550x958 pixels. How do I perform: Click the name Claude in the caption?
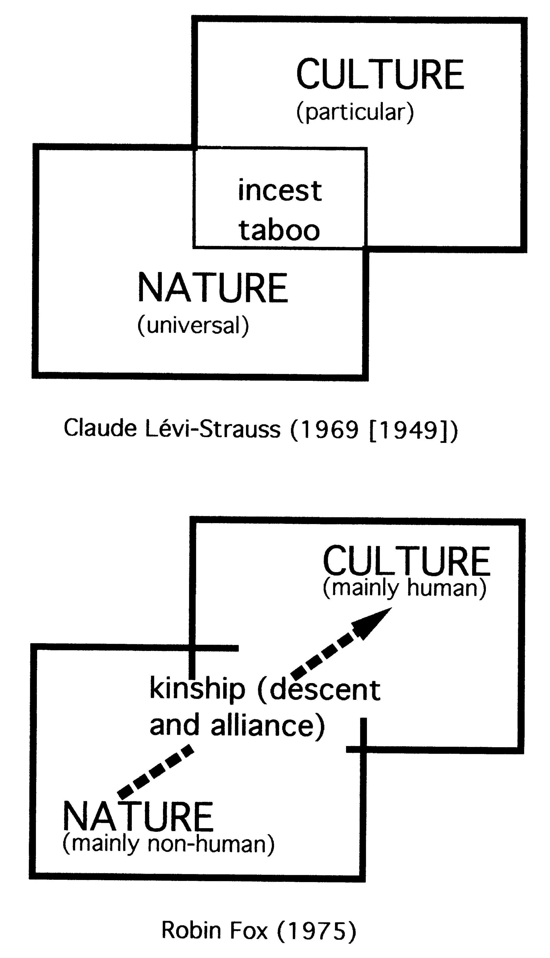pyautogui.click(x=100, y=428)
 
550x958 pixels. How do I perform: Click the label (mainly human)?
pyautogui.click(x=404, y=588)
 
